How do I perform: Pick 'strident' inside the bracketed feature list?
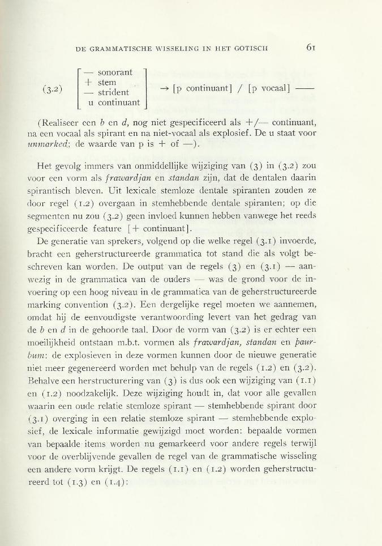click(114, 92)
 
